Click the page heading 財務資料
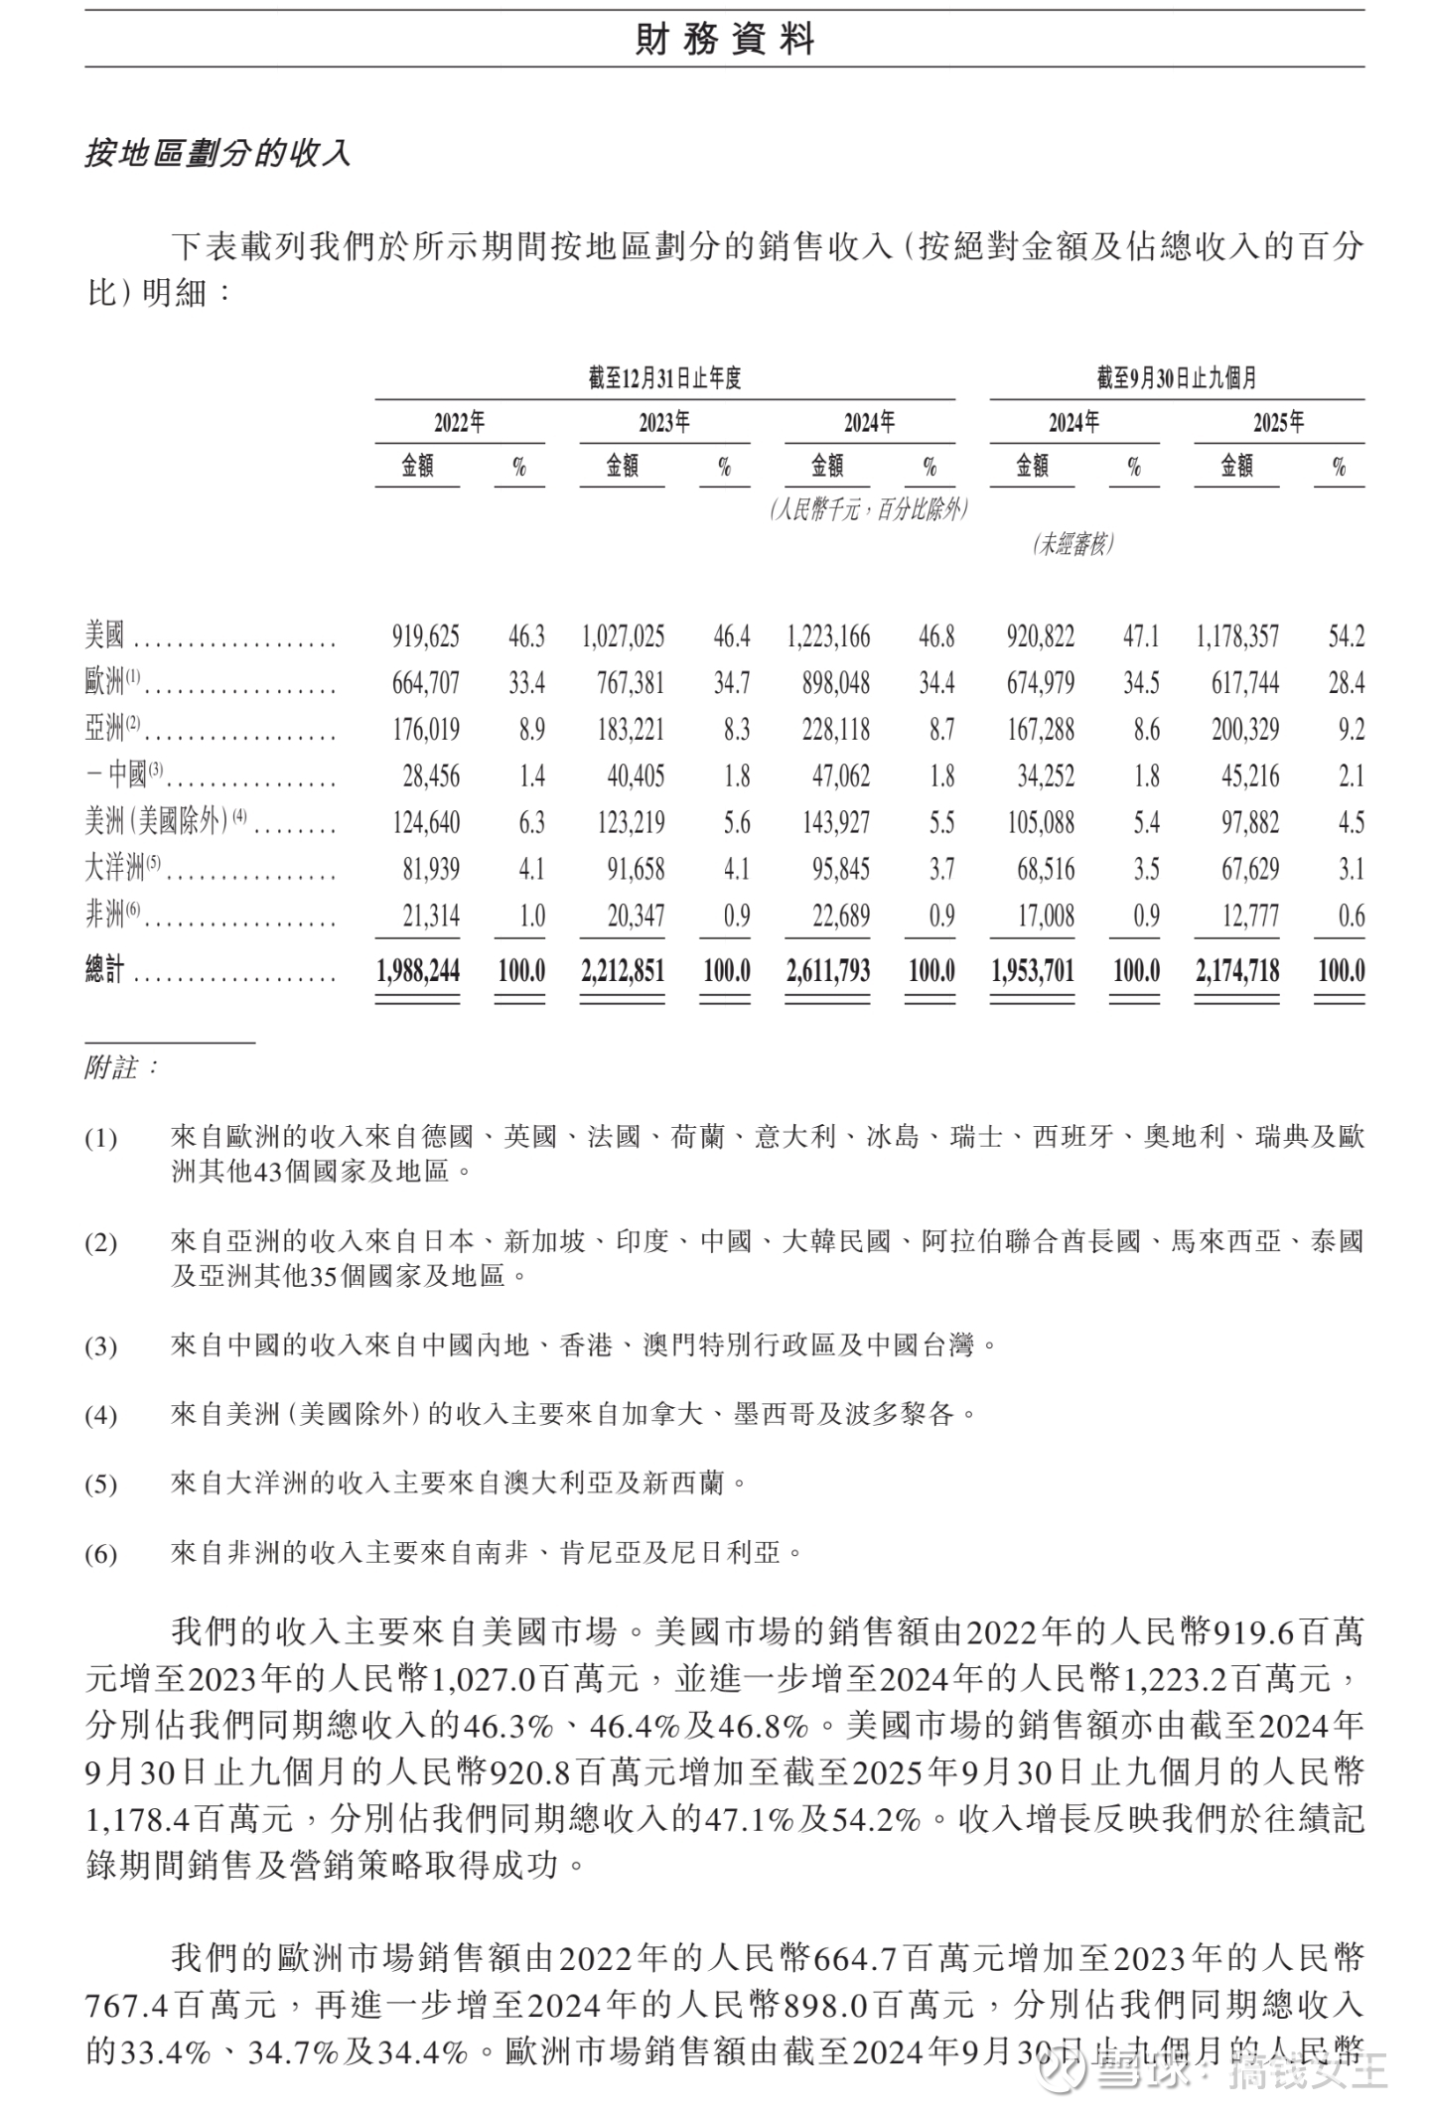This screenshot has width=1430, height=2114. [x=724, y=39]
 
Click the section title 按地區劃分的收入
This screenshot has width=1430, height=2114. [x=217, y=154]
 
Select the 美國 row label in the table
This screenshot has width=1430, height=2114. [x=105, y=634]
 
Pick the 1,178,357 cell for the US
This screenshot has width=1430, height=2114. [x=1236, y=635]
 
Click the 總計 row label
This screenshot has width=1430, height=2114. [x=105, y=970]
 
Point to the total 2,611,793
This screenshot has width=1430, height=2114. [x=827, y=970]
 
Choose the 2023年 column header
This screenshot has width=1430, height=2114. [x=664, y=423]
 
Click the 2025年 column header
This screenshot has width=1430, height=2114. [x=1278, y=423]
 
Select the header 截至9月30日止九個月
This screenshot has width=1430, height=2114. [x=1177, y=378]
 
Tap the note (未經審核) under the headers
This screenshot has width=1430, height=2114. [x=1072, y=544]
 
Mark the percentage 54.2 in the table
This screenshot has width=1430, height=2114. [x=1346, y=635]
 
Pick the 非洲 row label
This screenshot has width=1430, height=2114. [x=105, y=915]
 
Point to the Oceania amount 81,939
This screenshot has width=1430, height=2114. [x=431, y=869]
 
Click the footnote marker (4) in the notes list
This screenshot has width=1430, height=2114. [x=100, y=1415]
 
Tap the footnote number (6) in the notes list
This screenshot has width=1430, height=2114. [x=100, y=1554]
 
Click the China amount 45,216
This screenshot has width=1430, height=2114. [x=1249, y=775]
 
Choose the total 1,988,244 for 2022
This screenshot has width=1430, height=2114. [x=418, y=970]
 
